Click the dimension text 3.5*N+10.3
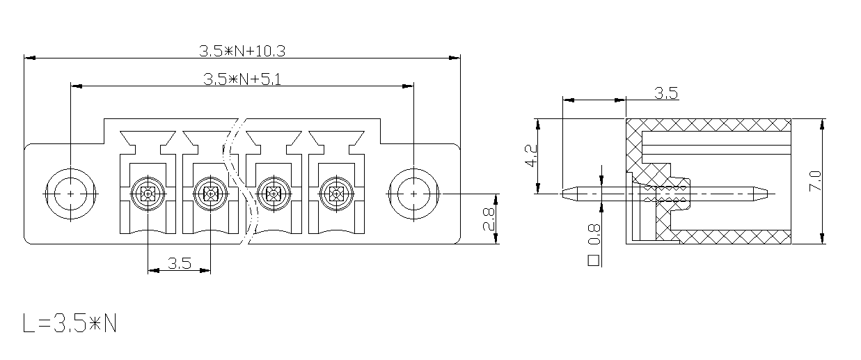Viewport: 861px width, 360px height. pos(242,51)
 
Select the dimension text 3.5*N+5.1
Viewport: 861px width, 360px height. pos(242,79)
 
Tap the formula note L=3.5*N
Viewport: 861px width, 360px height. pos(70,323)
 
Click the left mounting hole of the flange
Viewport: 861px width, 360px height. pos(70,194)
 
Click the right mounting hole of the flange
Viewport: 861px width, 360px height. pos(413,194)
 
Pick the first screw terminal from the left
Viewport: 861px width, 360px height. pos(148,194)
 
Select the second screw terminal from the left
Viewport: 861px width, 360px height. pos(211,194)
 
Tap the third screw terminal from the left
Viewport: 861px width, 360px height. pos(274,194)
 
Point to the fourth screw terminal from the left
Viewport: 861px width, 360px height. pos(336,194)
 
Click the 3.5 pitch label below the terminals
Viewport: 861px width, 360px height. pos(180,263)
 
